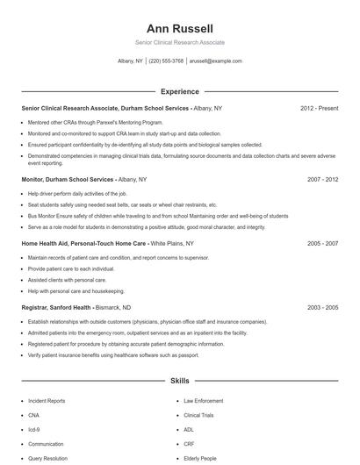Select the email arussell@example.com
click(x=215, y=61)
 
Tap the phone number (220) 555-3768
click(x=166, y=61)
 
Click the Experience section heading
click(x=179, y=91)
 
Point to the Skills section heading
click(x=179, y=382)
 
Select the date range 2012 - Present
click(x=319, y=108)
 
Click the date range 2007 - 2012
click(x=322, y=178)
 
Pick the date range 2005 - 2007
click(x=322, y=243)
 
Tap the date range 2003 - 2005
click(x=322, y=308)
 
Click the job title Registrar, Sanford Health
click(x=56, y=308)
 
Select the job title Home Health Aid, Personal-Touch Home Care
click(x=84, y=243)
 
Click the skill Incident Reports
click(x=47, y=401)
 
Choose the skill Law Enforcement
click(x=203, y=401)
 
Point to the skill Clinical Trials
click(x=199, y=416)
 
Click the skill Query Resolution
click(x=47, y=458)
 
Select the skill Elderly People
click(x=201, y=458)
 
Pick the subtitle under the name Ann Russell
click(x=179, y=42)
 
